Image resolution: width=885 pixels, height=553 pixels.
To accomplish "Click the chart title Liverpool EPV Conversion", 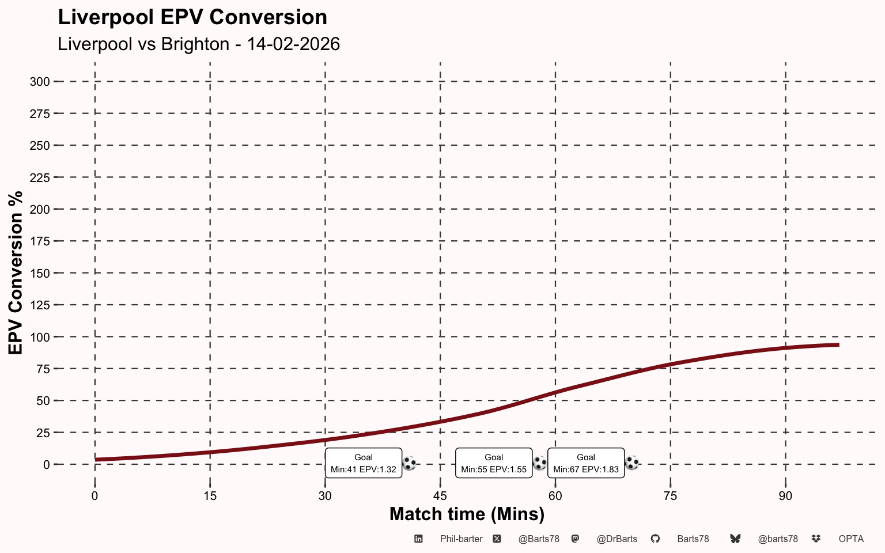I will click(x=192, y=17).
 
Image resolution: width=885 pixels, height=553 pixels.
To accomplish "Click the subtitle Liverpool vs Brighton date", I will click(x=199, y=44).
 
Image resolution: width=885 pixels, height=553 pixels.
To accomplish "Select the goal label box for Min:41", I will click(x=364, y=463).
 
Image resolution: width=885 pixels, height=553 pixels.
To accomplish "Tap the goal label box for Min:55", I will click(x=494, y=463).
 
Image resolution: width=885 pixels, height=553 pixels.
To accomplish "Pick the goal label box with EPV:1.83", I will click(x=586, y=463).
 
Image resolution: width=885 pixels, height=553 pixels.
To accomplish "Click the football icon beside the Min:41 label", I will click(x=409, y=463).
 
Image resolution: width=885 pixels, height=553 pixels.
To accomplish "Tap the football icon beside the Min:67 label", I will click(x=632, y=463).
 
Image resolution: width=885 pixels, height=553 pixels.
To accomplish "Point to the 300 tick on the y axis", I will click(x=40, y=82).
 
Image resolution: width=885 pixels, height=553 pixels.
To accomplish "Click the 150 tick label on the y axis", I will click(x=40, y=273).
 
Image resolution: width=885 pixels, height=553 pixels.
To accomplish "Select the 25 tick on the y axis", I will click(x=43, y=433).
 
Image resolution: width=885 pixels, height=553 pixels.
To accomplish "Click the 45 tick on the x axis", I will click(x=440, y=496).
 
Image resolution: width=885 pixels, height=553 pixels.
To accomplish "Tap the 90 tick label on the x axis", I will click(x=785, y=496).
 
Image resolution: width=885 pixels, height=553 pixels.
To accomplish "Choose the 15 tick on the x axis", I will click(x=210, y=496).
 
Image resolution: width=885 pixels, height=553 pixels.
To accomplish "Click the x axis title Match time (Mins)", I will click(x=467, y=514).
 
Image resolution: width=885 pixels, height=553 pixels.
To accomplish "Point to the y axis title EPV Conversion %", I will click(x=16, y=273).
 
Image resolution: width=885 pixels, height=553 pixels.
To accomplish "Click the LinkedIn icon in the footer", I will click(x=418, y=539).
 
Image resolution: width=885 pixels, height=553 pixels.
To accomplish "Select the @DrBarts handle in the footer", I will click(x=617, y=539).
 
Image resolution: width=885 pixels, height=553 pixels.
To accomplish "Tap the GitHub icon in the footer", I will click(x=655, y=539).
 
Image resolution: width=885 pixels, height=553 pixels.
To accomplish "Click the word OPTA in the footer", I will click(x=851, y=539).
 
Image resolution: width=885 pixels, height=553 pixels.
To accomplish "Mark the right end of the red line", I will click(x=838, y=344).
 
